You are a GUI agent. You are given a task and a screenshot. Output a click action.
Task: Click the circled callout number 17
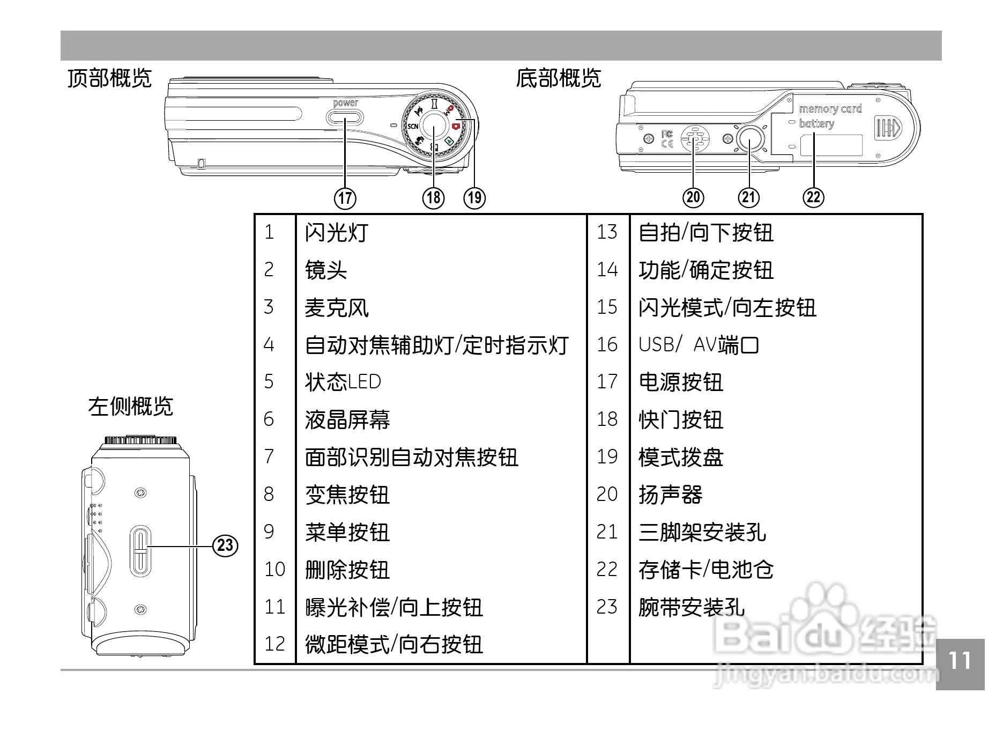point(345,198)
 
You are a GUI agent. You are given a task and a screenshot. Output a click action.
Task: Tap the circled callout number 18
point(433,198)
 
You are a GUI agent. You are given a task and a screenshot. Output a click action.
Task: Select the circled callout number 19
point(474,198)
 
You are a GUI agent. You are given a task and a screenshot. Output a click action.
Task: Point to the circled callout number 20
point(693,197)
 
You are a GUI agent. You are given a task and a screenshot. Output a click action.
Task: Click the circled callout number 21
point(749,197)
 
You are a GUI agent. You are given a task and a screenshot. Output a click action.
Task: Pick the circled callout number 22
point(813,197)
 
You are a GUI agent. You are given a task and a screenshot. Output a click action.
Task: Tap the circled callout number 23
point(226,545)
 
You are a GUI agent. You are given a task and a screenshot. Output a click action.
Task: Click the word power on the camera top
point(345,103)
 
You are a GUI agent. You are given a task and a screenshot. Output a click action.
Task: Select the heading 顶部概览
point(110,78)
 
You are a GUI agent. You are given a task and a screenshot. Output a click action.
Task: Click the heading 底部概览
point(559,78)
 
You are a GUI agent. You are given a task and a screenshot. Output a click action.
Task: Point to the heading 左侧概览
point(131,406)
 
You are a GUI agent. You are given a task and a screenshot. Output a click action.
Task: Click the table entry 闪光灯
point(337,233)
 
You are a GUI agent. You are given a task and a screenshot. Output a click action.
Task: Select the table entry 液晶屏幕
point(347,420)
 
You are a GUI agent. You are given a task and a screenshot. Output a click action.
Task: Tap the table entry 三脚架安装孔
point(702,532)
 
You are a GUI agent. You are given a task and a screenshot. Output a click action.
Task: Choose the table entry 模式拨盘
point(681,458)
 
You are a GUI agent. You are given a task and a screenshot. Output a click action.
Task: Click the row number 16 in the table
point(607,344)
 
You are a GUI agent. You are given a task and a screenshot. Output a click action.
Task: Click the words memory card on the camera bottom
point(830,109)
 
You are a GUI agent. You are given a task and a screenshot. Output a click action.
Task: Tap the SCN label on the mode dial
point(413,127)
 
